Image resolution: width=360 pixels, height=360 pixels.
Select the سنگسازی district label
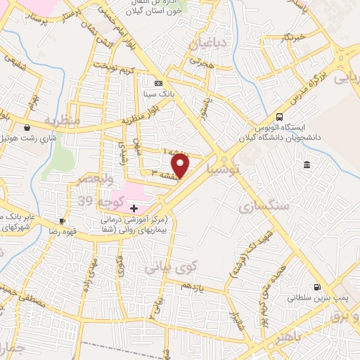click(x=264, y=206)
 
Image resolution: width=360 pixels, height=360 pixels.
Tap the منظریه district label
click(x=63, y=121)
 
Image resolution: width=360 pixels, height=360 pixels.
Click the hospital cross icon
click(x=134, y=208)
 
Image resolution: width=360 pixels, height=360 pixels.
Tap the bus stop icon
click(x=280, y=117)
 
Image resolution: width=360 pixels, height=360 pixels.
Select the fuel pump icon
click(x=316, y=287)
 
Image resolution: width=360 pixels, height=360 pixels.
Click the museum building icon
click(x=307, y=165)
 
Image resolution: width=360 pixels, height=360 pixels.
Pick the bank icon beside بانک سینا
click(x=157, y=82)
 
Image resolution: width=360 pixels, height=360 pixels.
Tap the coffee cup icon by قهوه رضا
click(x=63, y=221)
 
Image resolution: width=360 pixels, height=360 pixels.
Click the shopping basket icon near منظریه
click(x=27, y=128)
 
